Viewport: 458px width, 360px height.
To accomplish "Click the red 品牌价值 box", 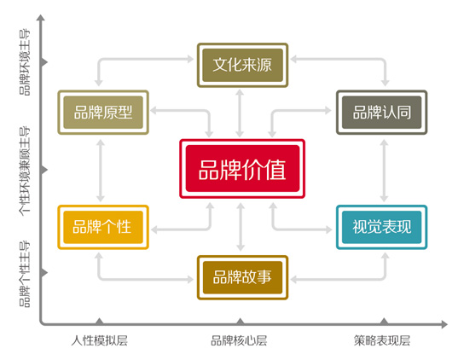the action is click(x=242, y=169).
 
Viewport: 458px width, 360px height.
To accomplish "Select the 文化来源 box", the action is click(x=242, y=65).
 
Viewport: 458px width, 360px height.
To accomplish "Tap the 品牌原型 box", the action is click(x=103, y=113).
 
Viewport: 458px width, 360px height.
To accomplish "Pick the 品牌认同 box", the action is click(x=382, y=113).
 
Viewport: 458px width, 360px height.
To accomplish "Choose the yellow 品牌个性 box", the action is click(x=103, y=227).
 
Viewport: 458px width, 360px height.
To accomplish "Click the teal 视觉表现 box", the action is click(x=382, y=227).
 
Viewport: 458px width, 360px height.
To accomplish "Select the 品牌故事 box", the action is click(x=242, y=277).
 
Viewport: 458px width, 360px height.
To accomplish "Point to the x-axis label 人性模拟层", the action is click(x=99, y=340).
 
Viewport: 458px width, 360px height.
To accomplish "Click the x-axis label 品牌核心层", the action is click(x=239, y=340).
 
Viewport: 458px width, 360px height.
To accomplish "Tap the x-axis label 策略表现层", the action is click(x=382, y=340).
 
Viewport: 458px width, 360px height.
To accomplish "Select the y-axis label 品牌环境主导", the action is click(x=25, y=62).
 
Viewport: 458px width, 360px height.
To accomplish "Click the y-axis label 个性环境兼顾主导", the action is click(x=25, y=171).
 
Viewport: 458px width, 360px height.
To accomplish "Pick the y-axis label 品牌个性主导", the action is click(x=25, y=274).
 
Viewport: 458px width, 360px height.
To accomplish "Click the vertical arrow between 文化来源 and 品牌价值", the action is click(x=240, y=113).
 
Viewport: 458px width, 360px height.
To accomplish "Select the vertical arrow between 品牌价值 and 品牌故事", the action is click(x=241, y=227).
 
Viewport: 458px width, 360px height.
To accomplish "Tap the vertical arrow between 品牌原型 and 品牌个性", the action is click(x=101, y=171).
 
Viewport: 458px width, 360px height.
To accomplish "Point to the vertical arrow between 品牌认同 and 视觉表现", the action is click(x=384, y=171).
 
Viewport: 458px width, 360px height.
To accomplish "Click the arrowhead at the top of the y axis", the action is click(x=41, y=18).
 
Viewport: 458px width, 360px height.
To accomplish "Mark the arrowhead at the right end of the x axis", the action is click(x=444, y=324).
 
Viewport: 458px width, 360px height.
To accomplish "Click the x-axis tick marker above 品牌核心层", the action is click(x=241, y=322).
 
